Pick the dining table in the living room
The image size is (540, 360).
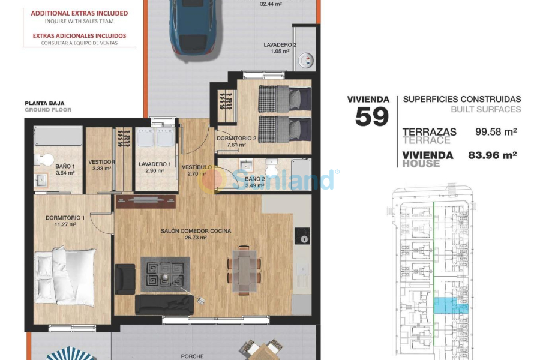(x=243, y=269)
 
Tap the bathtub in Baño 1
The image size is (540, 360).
(x=58, y=136)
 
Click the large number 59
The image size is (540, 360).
(x=371, y=116)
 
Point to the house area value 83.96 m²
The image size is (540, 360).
(x=492, y=155)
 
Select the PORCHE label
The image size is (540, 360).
(x=193, y=356)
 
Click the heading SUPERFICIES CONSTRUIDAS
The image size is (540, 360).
(x=462, y=100)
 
